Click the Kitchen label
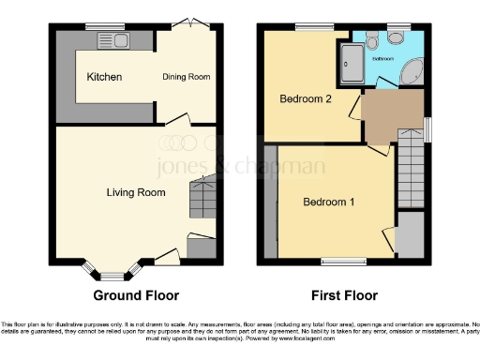pos(104,76)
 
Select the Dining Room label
pos(186,76)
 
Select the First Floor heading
pos(344,295)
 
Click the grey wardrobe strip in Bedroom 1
pos(271,201)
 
